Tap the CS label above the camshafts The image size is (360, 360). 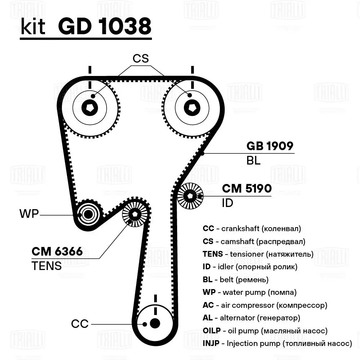pos(140,59)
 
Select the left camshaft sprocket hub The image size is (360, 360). pos(90,108)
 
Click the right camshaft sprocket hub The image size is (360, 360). pos(191,108)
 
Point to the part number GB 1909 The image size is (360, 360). pos(270,146)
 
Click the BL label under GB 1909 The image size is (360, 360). pos(253,161)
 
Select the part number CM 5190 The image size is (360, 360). pos(247,189)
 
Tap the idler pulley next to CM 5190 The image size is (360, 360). pos(190,196)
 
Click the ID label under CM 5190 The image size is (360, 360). pos(228,203)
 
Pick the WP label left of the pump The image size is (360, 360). pos(29,214)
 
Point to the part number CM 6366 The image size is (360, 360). pos(57,251)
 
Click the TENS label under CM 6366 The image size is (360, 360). pos(46,266)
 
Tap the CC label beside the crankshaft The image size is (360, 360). pos(80,324)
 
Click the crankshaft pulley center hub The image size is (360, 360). pos(155,323)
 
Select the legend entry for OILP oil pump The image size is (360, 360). pos(265,330)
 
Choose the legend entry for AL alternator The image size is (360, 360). pos(251,318)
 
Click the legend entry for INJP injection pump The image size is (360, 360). pos(277,343)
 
